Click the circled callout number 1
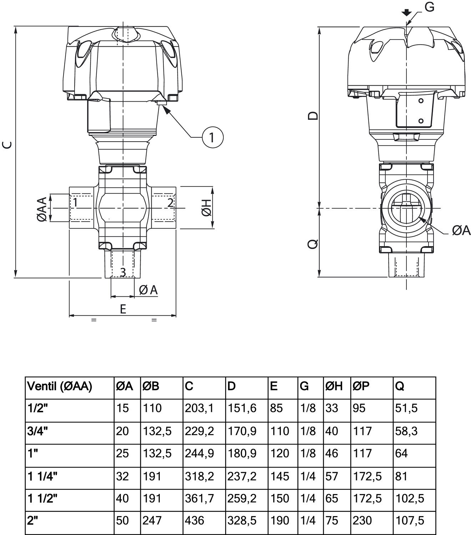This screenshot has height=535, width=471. tap(212, 137)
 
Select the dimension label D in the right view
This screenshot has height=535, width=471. tap(313, 116)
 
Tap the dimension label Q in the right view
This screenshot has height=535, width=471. tap(313, 244)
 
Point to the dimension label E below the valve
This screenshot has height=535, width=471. tap(123, 309)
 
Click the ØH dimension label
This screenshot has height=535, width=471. tap(207, 208)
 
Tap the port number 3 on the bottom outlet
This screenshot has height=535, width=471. tap(123, 272)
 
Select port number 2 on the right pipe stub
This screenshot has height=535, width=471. tap(171, 203)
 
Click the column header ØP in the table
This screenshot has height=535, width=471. tap(361, 386)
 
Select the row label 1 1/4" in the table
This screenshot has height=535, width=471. tap(42, 476)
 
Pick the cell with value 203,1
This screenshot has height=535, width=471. tap(199, 408)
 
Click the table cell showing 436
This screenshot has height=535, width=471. tap(194, 520)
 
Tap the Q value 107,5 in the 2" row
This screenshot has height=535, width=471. tap(410, 520)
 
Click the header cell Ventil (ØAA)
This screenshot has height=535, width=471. tap(60, 386)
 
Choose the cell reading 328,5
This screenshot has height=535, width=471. tap(242, 520)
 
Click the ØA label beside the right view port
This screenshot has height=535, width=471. tap(461, 231)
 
